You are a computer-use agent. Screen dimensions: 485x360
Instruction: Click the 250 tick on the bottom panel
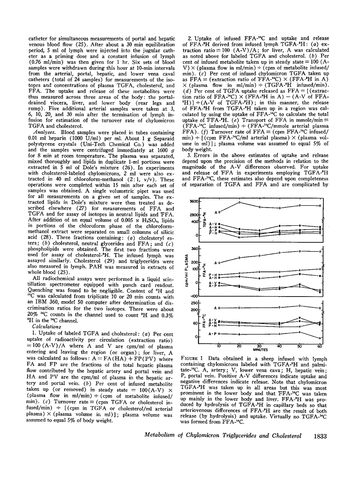click(194, 303)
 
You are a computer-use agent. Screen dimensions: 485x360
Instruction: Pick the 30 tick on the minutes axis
click(259, 345)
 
